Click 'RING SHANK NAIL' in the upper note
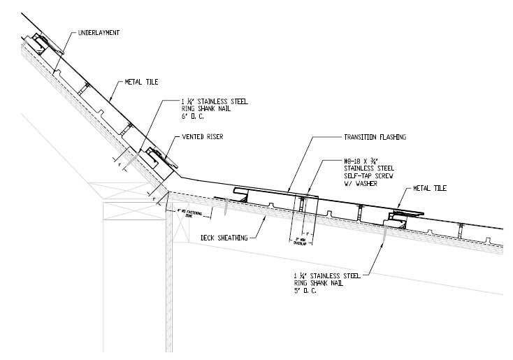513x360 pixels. click(193, 108)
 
